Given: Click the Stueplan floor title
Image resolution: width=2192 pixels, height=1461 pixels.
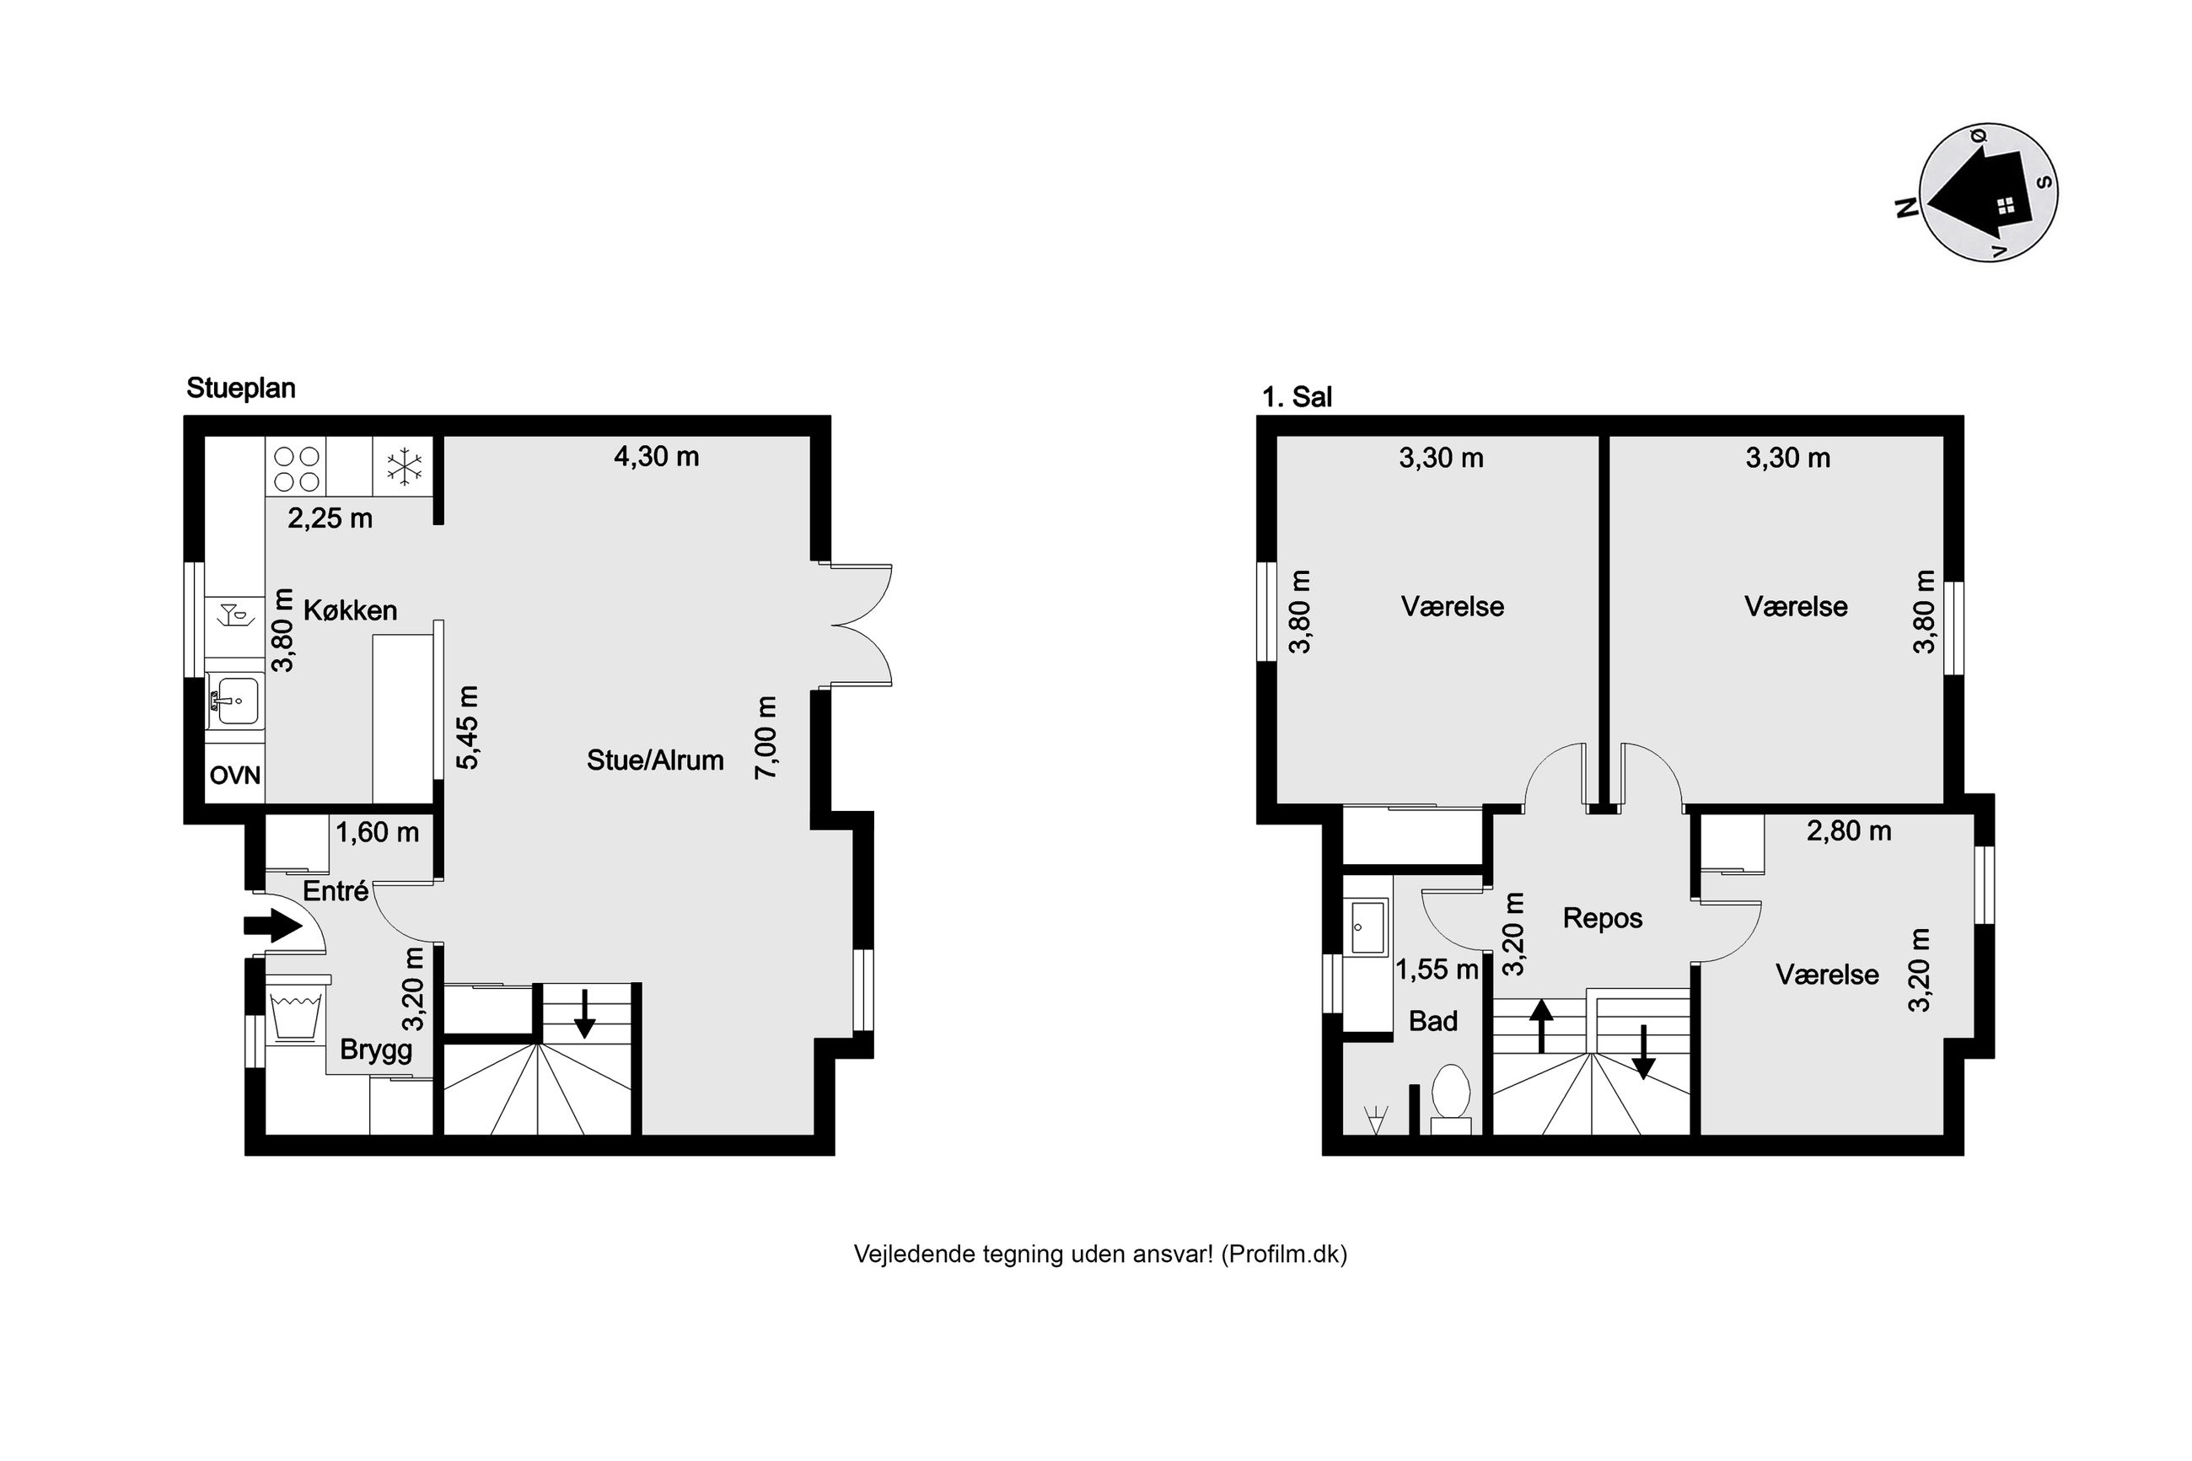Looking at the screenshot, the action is pos(240,389).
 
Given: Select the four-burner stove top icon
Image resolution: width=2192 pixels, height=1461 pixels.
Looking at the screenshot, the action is pos(297,469).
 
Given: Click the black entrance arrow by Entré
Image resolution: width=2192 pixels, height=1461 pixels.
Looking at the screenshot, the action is pos(273,925).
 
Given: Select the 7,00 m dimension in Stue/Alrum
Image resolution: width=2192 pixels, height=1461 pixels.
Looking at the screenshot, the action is pos(766,737).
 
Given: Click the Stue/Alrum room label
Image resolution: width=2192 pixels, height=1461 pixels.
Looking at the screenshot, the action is pos(655,760).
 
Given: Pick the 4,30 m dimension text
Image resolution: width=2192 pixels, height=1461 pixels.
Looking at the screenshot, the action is pos(656,457).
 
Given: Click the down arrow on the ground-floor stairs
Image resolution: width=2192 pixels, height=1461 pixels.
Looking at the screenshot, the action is pos(584,1013).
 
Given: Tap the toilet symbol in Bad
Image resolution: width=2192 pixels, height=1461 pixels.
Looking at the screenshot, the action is pos(1450,1098).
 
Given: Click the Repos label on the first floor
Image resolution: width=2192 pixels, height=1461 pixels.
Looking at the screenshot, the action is pos(1603,919).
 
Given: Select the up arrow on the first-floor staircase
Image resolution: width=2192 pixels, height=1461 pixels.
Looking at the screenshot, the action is pos(1541,1025).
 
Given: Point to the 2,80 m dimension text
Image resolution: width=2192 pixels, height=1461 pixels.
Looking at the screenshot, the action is pos(1848,831).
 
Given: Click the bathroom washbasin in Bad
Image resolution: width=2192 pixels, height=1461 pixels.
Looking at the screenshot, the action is pos(1367,927).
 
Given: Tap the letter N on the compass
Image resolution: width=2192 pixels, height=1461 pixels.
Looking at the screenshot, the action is pos(1907,207).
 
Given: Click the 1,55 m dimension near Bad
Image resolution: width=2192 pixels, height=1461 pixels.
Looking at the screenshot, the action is pos(1437,970).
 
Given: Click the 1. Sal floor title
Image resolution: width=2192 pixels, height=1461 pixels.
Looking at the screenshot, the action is pos(1297,398).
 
